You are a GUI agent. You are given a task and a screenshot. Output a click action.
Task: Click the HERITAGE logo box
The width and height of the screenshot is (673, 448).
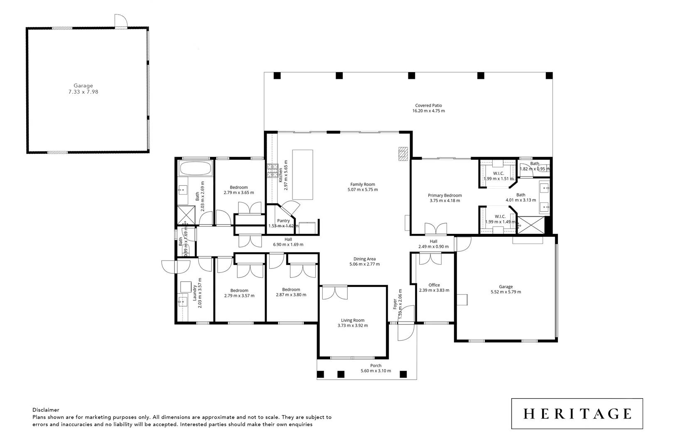[577, 414]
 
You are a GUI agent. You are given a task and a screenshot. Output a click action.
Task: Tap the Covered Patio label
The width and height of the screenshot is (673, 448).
[428, 105]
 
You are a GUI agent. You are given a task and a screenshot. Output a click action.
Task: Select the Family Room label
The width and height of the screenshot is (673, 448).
[362, 184]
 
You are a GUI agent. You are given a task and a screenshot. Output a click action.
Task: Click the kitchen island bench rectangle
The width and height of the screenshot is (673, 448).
[303, 175]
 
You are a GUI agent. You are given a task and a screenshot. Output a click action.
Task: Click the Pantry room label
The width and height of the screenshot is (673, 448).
[283, 221]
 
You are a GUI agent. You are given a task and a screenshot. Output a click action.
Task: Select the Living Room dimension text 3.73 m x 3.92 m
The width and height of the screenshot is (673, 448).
[353, 326]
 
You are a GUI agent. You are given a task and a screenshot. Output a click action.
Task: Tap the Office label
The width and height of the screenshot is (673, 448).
[434, 285]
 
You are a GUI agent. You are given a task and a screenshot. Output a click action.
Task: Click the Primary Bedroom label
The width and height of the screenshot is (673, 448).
[445, 195]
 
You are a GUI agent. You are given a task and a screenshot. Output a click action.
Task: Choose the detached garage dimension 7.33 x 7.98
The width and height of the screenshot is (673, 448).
[83, 92]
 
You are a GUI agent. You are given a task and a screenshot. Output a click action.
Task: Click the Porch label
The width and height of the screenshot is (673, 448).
[376, 365]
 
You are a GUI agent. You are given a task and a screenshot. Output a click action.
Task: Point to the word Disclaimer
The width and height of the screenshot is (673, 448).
[46, 410]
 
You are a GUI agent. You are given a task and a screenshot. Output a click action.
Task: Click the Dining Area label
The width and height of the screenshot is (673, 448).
[364, 259]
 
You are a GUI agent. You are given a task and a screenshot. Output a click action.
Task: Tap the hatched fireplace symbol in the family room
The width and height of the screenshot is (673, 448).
[403, 153]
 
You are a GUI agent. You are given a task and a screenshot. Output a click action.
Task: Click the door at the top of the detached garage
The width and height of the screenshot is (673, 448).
[120, 21]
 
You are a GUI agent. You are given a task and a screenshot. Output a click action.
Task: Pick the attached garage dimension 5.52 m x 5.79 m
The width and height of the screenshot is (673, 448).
[506, 292]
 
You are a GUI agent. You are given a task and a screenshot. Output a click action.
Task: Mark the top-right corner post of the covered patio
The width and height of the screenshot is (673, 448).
[549, 75]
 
